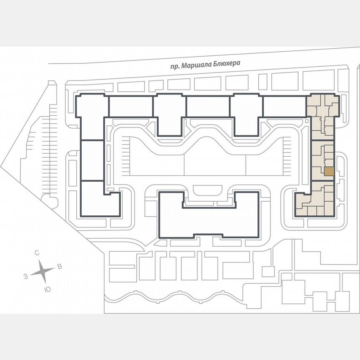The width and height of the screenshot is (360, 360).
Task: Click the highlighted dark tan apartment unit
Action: tap(329, 171)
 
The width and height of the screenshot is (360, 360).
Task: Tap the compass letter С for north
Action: tap(37, 253)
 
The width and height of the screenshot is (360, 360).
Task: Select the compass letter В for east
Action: tap(60, 267)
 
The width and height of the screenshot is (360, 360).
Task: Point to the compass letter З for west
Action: tap(26, 276)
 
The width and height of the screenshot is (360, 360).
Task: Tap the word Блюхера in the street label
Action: tap(229, 62)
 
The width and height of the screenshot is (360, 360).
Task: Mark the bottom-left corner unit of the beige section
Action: tap(301, 211)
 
